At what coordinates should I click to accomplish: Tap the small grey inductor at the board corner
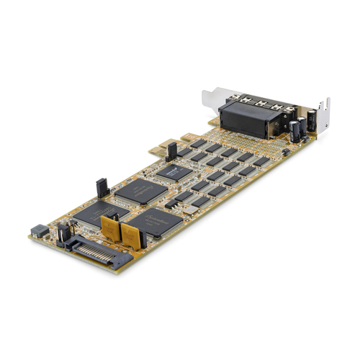tap(37, 231)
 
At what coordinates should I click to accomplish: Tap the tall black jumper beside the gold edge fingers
tap(171, 151)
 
